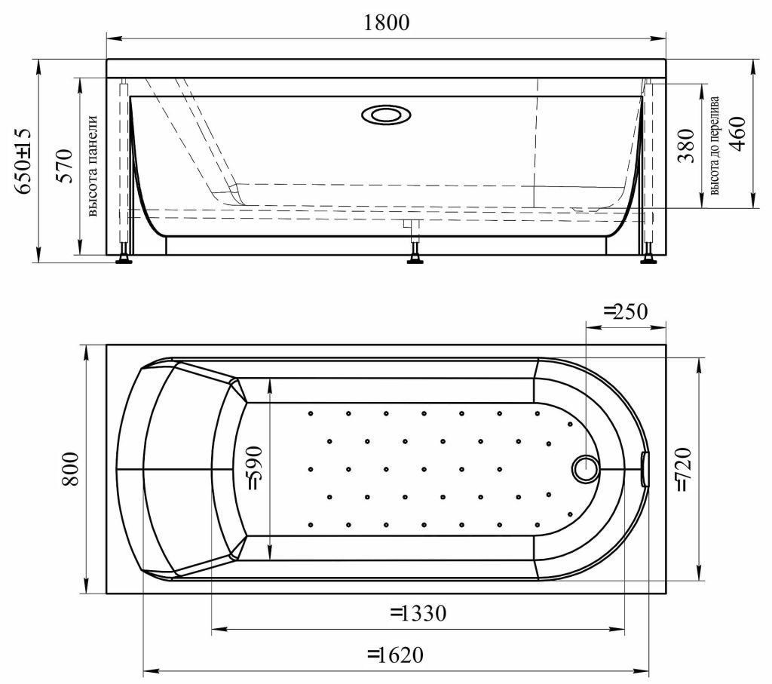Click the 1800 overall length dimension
(x=387, y=23)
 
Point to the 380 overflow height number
(x=685, y=146)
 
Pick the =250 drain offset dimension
(x=625, y=311)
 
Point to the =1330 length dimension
(x=418, y=614)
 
